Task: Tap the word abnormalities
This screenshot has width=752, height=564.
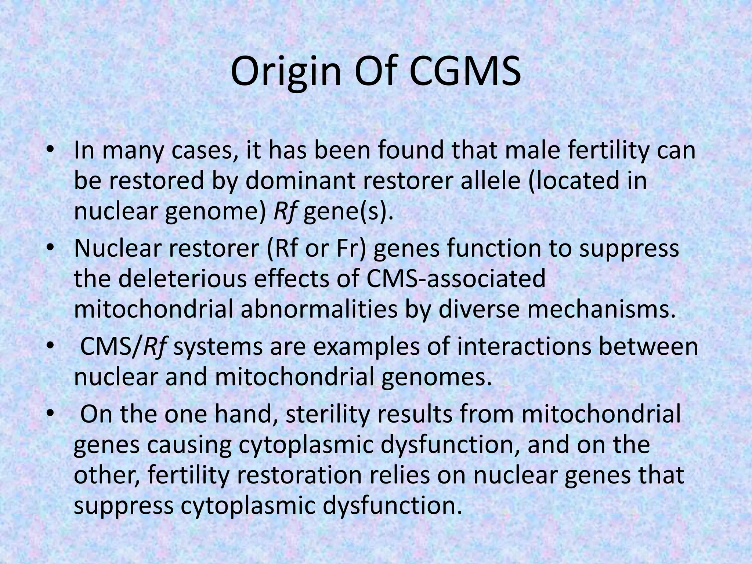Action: coord(319,309)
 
